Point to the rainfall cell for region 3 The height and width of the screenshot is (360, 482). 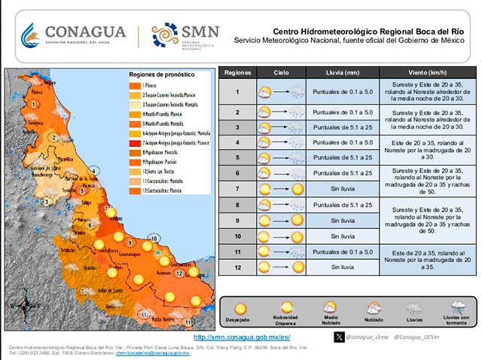pyautogui.click(x=343, y=127)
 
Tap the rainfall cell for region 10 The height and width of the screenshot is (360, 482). pyautogui.click(x=343, y=236)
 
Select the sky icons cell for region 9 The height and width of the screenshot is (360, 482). pyautogui.click(x=281, y=221)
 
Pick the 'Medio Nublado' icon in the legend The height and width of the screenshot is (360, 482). pyautogui.click(x=330, y=307)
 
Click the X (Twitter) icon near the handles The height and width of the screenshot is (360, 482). pyautogui.click(x=340, y=337)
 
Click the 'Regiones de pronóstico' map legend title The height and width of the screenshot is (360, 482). pyautogui.click(x=161, y=75)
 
